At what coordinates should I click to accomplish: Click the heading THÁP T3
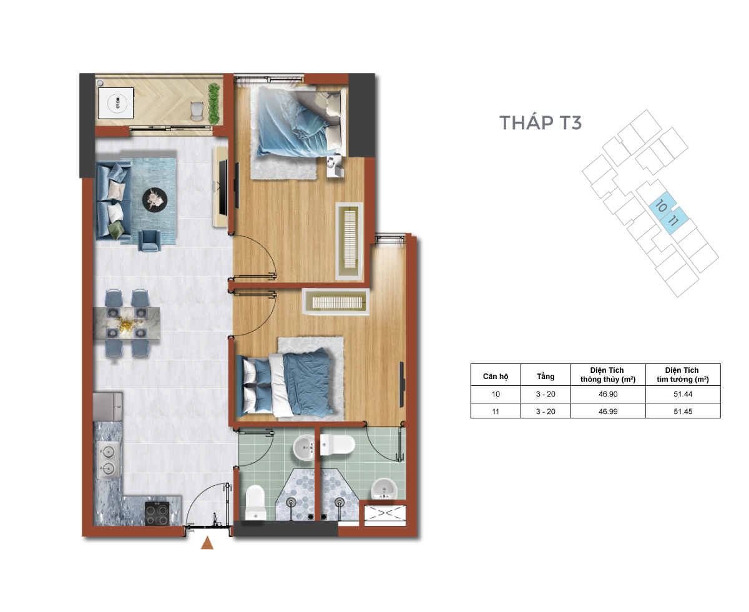(x=540, y=122)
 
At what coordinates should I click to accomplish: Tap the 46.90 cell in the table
(x=608, y=394)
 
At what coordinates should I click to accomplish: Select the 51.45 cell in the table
(x=683, y=411)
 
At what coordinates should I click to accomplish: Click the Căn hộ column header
(x=496, y=377)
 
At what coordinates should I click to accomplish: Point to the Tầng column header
(x=545, y=376)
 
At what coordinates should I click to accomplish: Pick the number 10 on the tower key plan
(x=661, y=206)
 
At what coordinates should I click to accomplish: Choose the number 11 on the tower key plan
(x=673, y=220)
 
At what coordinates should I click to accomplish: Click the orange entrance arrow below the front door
(x=207, y=543)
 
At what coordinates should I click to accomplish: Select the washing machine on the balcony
(x=116, y=103)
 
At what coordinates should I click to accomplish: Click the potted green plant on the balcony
(x=213, y=104)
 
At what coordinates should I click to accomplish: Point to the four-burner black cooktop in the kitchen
(x=157, y=513)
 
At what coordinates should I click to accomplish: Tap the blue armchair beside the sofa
(x=149, y=240)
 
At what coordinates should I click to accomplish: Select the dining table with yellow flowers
(x=126, y=323)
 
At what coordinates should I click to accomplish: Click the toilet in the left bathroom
(x=255, y=503)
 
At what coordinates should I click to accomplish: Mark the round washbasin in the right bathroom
(x=384, y=488)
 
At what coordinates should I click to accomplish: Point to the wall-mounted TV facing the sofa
(x=223, y=187)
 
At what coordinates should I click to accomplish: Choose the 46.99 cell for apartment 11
(x=608, y=411)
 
